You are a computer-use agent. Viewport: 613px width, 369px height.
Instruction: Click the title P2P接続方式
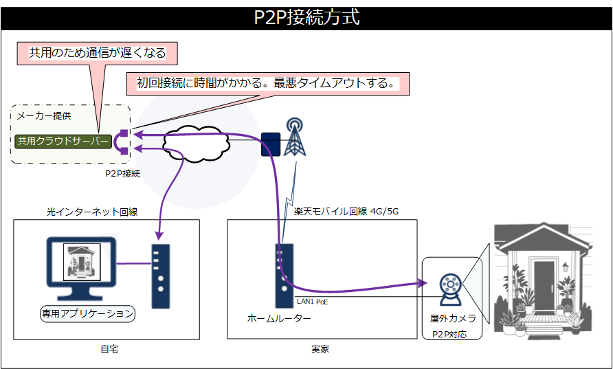[306, 17]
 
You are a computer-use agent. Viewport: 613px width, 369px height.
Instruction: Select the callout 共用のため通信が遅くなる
[97, 52]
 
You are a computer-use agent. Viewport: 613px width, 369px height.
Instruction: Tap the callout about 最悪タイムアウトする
[268, 84]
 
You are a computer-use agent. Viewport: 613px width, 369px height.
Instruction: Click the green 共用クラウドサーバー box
[63, 142]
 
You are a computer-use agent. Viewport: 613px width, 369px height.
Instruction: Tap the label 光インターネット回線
[92, 212]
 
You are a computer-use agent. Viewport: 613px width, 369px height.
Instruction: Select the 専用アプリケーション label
[87, 313]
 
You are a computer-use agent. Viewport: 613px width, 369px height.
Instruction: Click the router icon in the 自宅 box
[160, 276]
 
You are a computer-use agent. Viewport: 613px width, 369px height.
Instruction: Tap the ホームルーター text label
[279, 319]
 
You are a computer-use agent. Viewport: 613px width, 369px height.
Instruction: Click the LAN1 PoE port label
[312, 300]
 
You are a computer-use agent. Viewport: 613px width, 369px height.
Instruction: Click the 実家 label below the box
[320, 350]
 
